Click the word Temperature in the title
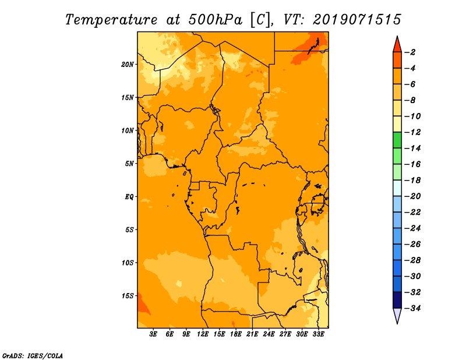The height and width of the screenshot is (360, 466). (x=111, y=20)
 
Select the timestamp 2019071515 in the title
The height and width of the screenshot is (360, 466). (x=357, y=20)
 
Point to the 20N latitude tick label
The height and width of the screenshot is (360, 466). (x=128, y=65)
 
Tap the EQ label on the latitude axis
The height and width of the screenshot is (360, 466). (x=129, y=197)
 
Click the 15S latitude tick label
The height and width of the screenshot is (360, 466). (x=128, y=296)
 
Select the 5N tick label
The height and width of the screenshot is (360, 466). (x=129, y=164)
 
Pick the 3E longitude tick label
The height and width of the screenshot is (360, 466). (x=153, y=334)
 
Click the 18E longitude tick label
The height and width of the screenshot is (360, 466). (x=236, y=334)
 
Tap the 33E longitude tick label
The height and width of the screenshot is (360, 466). (x=318, y=334)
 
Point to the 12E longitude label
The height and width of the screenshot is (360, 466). (x=203, y=334)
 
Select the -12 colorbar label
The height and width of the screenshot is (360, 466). (x=412, y=132)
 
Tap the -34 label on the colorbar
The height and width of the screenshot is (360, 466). (x=412, y=308)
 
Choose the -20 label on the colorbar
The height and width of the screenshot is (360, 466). (x=412, y=196)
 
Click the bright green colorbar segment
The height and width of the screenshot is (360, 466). (x=397, y=140)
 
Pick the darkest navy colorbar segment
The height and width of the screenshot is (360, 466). (x=397, y=300)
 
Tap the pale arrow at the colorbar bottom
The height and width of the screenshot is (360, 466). (x=397, y=315)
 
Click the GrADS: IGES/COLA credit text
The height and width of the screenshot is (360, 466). (x=33, y=356)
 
